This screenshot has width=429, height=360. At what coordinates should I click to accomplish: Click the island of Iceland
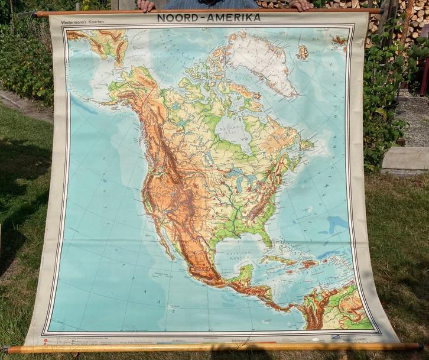pyautogui.click(x=303, y=52)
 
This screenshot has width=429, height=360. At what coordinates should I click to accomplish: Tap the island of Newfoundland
pyautogui.click(x=306, y=144)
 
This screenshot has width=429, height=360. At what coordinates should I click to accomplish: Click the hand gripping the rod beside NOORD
pyautogui.click(x=146, y=5)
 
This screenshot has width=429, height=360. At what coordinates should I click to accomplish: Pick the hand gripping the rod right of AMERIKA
pyautogui.click(x=301, y=5)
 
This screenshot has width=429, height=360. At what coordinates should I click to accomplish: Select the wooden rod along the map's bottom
pyautogui.click(x=213, y=348)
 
